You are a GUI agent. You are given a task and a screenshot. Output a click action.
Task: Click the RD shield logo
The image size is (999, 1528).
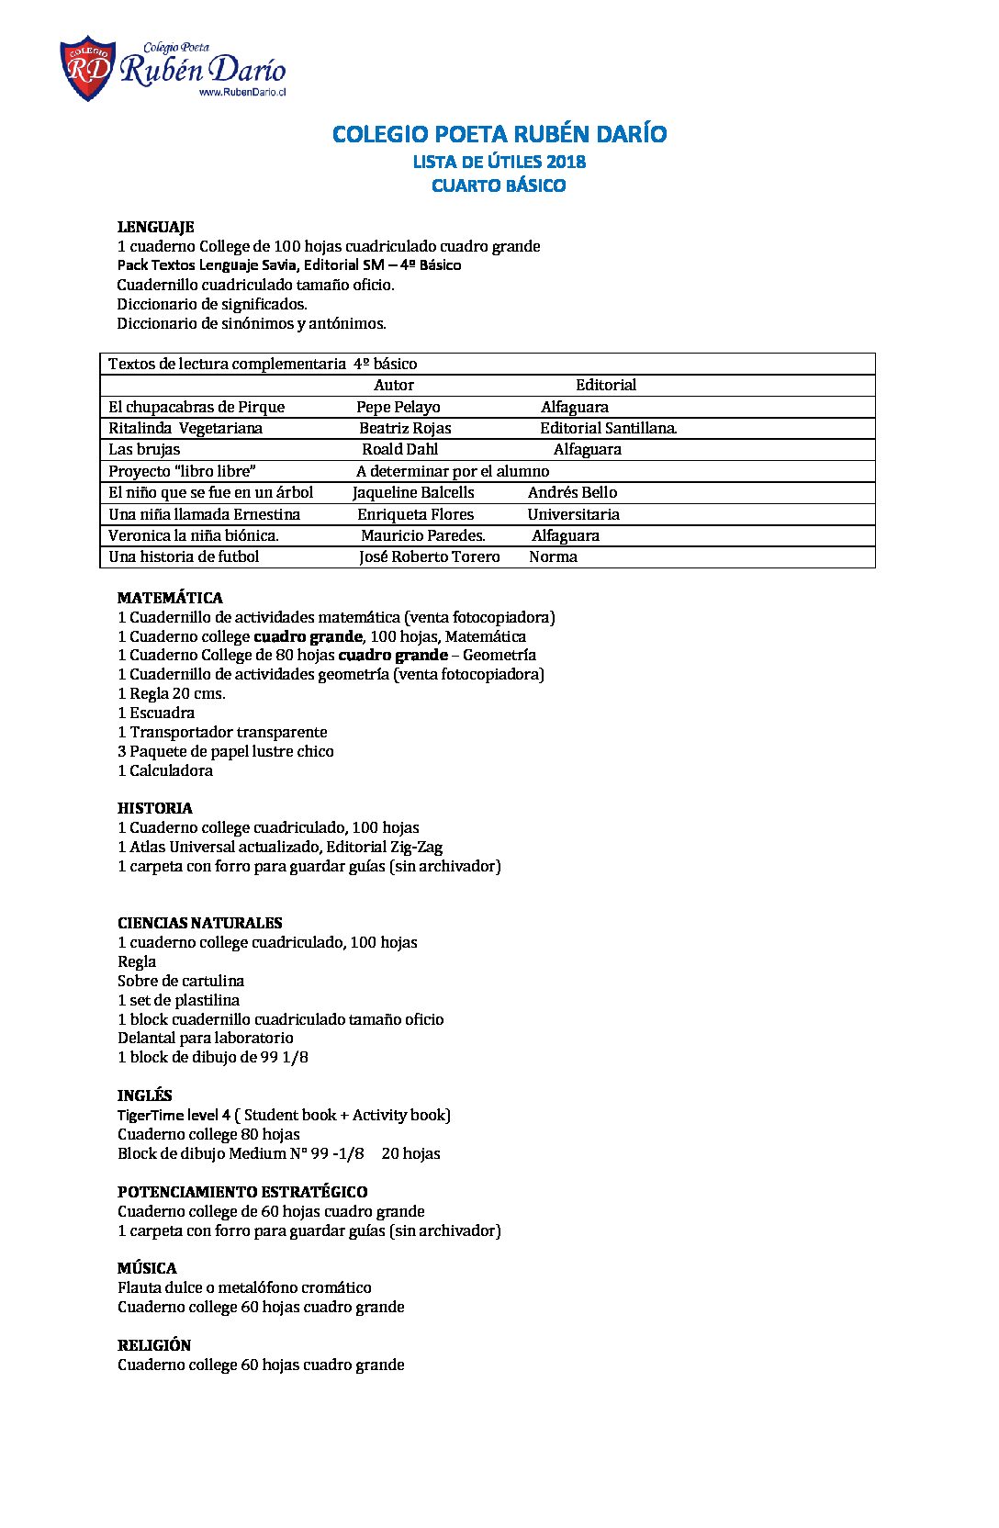[x=87, y=68]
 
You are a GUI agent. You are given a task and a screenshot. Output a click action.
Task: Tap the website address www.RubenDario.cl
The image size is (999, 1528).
[x=242, y=93]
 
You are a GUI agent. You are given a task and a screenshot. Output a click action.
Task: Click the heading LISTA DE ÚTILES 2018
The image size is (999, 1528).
[x=499, y=162]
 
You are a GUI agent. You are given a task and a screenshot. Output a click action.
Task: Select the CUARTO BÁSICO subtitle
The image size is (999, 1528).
[x=499, y=185]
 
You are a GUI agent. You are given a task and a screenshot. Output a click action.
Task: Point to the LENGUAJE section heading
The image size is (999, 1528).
[x=155, y=227]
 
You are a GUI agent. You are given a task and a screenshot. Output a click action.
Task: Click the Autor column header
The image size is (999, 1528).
[x=393, y=386]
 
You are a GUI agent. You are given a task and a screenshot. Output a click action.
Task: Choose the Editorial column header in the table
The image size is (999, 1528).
[x=605, y=386]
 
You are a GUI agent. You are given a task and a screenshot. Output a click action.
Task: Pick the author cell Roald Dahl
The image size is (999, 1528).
[x=399, y=450]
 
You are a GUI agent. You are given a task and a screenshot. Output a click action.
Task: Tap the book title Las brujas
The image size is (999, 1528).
[x=144, y=450]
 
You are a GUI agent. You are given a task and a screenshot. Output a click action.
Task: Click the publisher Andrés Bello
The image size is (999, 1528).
[x=572, y=493]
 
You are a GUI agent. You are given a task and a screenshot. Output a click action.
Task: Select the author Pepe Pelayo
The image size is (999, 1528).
[x=398, y=408]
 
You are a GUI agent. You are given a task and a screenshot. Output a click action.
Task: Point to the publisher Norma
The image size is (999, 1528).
[x=553, y=557]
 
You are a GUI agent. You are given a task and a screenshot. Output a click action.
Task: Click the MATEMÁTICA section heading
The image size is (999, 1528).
[x=170, y=598]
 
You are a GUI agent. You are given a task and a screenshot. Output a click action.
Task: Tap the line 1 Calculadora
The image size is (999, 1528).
[x=165, y=771]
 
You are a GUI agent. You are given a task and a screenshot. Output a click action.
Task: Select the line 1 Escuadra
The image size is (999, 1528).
[x=156, y=713]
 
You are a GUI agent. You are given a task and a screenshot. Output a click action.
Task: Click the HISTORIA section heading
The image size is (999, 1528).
[x=154, y=809]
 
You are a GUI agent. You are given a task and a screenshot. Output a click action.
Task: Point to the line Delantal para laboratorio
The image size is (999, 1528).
[x=206, y=1039]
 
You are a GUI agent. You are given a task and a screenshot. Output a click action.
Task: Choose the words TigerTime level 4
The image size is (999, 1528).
[x=174, y=1116]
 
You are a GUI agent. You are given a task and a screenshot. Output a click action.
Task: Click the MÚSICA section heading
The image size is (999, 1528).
[x=147, y=1269]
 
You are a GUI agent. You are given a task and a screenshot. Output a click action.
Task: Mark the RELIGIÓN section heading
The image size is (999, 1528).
[x=154, y=1346]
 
